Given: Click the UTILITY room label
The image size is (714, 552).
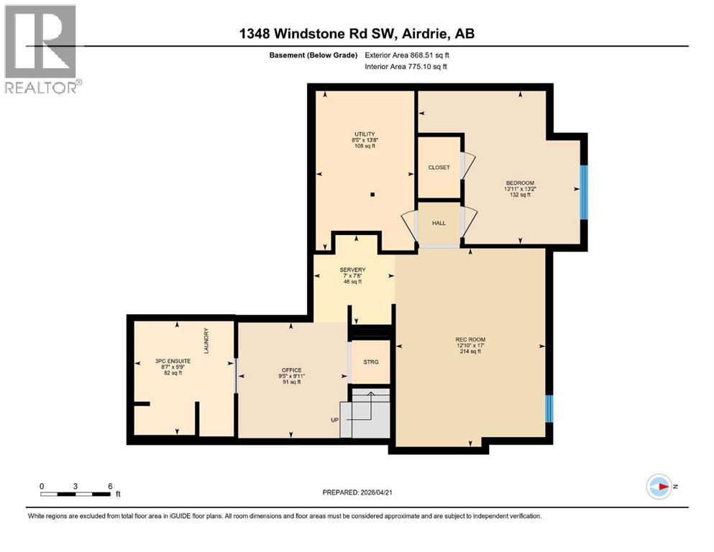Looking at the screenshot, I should pyautogui.click(x=364, y=134).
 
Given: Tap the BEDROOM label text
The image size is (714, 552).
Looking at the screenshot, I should pyautogui.click(x=520, y=183).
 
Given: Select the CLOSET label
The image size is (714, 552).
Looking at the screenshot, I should pyautogui.click(x=439, y=167).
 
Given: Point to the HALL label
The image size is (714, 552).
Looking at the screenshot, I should pyautogui.click(x=439, y=223).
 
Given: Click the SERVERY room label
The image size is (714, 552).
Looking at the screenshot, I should pyautogui.click(x=352, y=270).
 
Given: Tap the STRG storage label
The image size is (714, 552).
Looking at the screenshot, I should pyautogui.click(x=370, y=362).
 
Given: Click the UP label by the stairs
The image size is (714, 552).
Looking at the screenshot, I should pyautogui.click(x=334, y=420).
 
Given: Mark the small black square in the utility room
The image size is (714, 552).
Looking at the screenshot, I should pyautogui.click(x=372, y=194).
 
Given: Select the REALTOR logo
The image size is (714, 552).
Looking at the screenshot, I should pyautogui.click(x=41, y=49).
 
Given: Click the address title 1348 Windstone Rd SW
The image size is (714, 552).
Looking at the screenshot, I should pyautogui.click(x=356, y=34).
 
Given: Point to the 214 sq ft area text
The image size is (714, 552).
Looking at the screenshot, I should pyautogui.click(x=470, y=352).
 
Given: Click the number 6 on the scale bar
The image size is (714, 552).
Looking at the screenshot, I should pyautogui.click(x=110, y=486).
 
